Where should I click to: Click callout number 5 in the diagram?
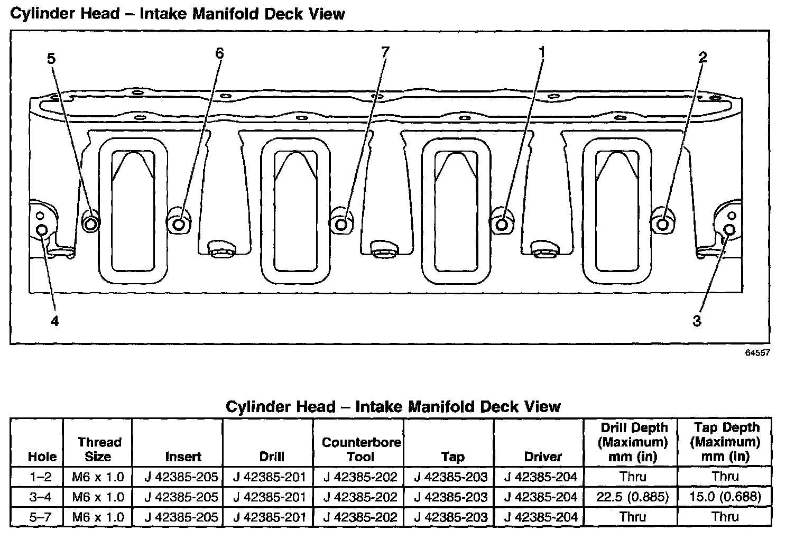click(x=51, y=58)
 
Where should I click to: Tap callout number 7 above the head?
click(x=385, y=51)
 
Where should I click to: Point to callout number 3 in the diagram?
click(x=697, y=320)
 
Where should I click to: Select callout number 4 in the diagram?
click(x=54, y=320)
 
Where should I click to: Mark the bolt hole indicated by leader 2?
click(x=662, y=225)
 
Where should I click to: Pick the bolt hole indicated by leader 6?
click(x=179, y=225)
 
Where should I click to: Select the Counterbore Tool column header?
click(x=361, y=449)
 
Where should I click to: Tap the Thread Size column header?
click(x=99, y=449)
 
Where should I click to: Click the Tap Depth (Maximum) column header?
click(x=725, y=442)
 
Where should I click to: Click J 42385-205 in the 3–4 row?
click(x=181, y=497)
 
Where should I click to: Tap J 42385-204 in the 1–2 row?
click(x=540, y=477)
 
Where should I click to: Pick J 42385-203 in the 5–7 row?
click(x=451, y=517)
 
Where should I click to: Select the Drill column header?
click(x=272, y=457)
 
